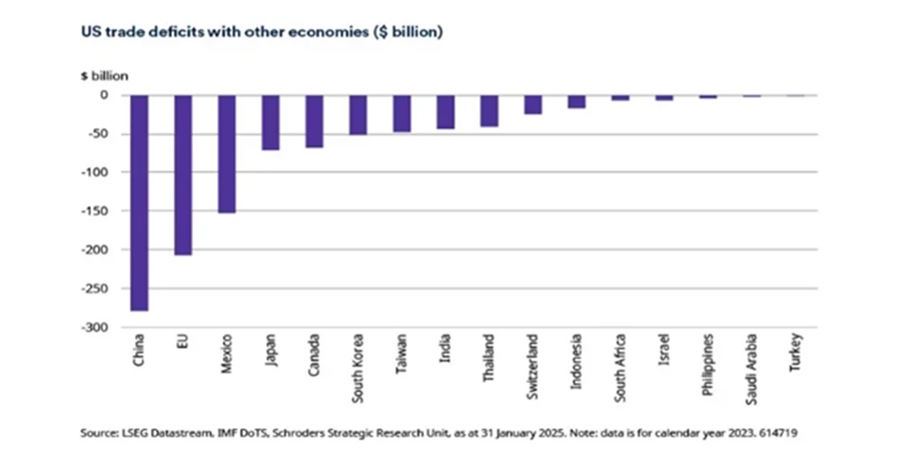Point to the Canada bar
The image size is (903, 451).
[314, 121]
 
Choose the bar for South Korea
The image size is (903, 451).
[358, 115]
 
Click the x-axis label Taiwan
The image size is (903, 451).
[402, 355]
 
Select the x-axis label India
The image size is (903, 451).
[445, 350]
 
